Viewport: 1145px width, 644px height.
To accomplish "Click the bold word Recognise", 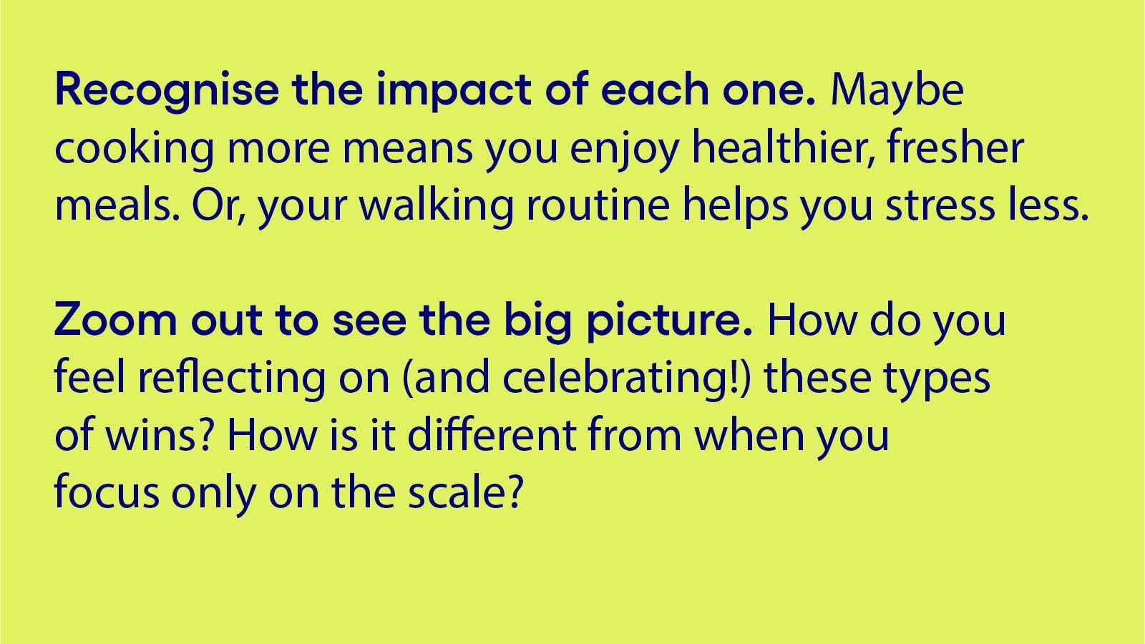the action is [x=167, y=91].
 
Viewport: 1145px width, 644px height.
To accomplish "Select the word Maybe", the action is [x=897, y=91].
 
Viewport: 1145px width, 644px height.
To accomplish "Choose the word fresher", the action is [x=955, y=147].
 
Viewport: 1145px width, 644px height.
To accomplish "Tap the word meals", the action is [x=117, y=205].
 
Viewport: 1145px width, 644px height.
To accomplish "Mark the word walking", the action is [x=436, y=205].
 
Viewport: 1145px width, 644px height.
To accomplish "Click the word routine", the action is [x=598, y=205].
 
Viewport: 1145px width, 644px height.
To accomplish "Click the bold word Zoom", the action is [x=115, y=320].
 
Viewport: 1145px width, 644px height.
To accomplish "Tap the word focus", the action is [x=107, y=492].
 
